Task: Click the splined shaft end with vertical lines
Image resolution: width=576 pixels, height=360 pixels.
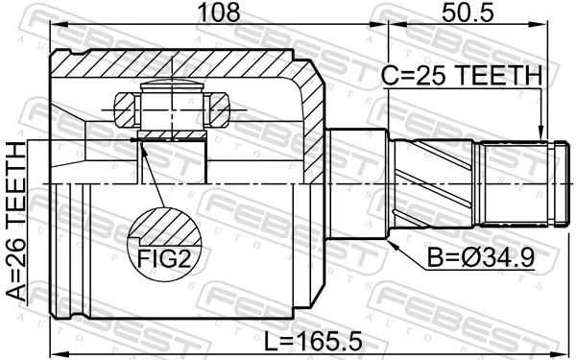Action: [x=520, y=181]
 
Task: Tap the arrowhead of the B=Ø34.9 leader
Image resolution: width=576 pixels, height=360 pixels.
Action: [x=394, y=239]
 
